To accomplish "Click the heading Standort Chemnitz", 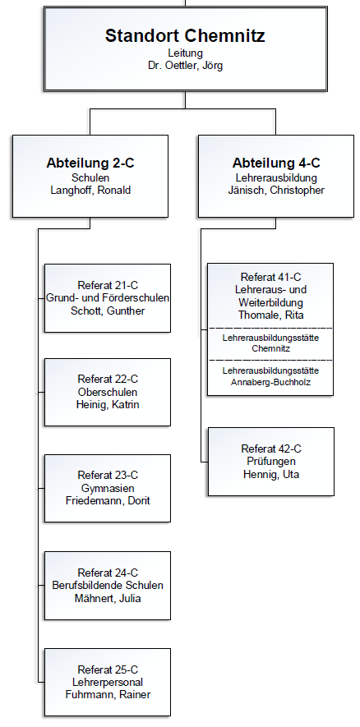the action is coord(185,35).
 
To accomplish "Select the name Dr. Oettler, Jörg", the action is coord(185,66).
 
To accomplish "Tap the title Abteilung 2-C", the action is coord(90,163).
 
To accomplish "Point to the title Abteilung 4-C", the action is coord(276,163).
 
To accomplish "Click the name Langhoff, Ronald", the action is coord(90,190).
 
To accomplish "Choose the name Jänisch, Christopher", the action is coord(276,190).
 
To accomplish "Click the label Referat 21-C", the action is coord(108,285).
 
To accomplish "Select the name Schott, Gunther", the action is coord(108,311).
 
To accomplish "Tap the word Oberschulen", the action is coord(108,392).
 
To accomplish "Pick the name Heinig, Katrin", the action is coord(108,405).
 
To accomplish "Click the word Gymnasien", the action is coord(108,488).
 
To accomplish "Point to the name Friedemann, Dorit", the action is coord(108,501).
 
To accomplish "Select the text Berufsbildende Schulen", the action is coord(108,585).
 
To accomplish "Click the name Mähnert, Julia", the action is coord(108,599).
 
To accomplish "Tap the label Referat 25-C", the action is coord(108,669).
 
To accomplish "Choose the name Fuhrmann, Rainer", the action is coord(108,694).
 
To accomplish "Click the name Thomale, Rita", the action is coord(271,315).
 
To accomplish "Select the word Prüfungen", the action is coord(271,462).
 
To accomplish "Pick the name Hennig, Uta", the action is coord(271,474).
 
